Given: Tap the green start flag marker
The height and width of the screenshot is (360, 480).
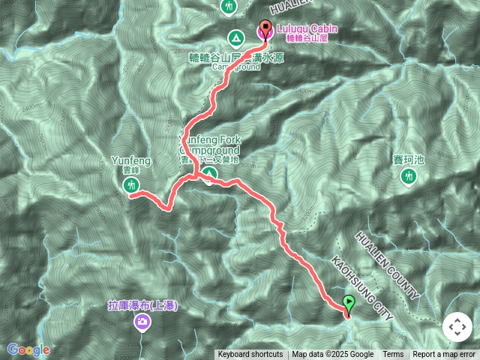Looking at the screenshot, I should point(349,304).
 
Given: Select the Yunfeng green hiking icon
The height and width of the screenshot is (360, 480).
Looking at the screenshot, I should point(132,184).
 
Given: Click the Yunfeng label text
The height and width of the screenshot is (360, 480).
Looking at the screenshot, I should point(131,160).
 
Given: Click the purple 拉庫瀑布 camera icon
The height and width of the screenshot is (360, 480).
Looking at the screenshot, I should point(142,322).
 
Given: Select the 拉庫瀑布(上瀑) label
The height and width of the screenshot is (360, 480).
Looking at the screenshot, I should point(142,306).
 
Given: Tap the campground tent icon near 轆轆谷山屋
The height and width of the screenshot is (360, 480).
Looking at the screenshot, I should point(235,37).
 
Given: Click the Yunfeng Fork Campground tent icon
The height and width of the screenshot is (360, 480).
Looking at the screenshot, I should point(208,175).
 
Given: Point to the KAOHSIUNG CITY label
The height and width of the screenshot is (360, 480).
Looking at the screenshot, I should point(361,289).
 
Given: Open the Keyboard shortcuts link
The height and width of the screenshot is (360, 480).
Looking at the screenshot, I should point(250,355).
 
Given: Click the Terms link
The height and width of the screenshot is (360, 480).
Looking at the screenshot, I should point(393,355).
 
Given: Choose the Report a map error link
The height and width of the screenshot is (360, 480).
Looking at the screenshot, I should point(444,355).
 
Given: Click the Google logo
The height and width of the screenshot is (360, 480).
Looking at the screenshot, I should point(28,349).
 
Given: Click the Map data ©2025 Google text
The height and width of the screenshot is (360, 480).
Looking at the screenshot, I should point(332,355).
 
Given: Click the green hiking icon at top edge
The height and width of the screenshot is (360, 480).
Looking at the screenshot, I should point(229,7).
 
